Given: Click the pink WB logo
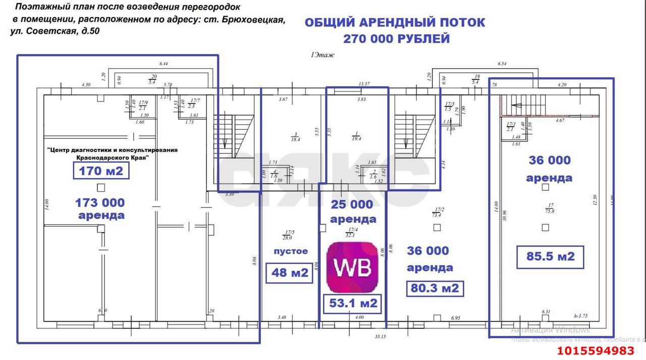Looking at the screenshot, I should click(352, 267).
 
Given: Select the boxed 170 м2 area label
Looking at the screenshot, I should click(101, 171).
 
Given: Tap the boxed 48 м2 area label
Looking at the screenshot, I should click(290, 272).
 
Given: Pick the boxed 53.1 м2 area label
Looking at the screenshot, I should click(353, 303).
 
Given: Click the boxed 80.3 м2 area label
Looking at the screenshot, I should click(435, 288).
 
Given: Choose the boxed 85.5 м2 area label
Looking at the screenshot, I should click(551, 256).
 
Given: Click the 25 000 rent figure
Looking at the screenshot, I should click(352, 204).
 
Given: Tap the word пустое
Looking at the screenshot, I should click(290, 251).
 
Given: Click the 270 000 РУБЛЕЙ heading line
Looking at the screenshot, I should click(396, 39).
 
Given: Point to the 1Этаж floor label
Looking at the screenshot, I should click(322, 56).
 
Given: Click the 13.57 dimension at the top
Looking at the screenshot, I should click(364, 83).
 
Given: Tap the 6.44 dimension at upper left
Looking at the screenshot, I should click(163, 64).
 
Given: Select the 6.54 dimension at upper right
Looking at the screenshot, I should click(502, 64).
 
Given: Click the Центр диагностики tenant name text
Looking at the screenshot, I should click(112, 150).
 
